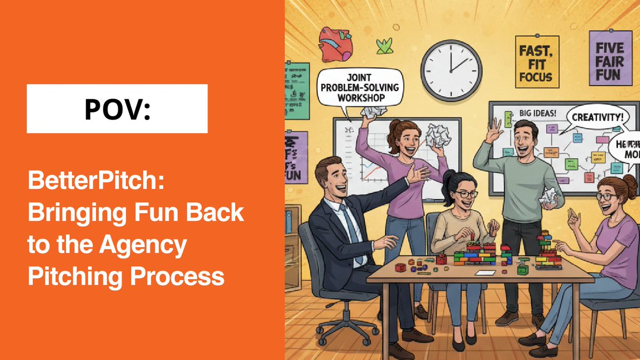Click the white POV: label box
[x=117, y=109]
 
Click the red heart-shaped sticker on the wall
[x=334, y=42]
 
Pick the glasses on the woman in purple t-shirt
[x=606, y=197]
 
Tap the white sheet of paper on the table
[x=486, y=273]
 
